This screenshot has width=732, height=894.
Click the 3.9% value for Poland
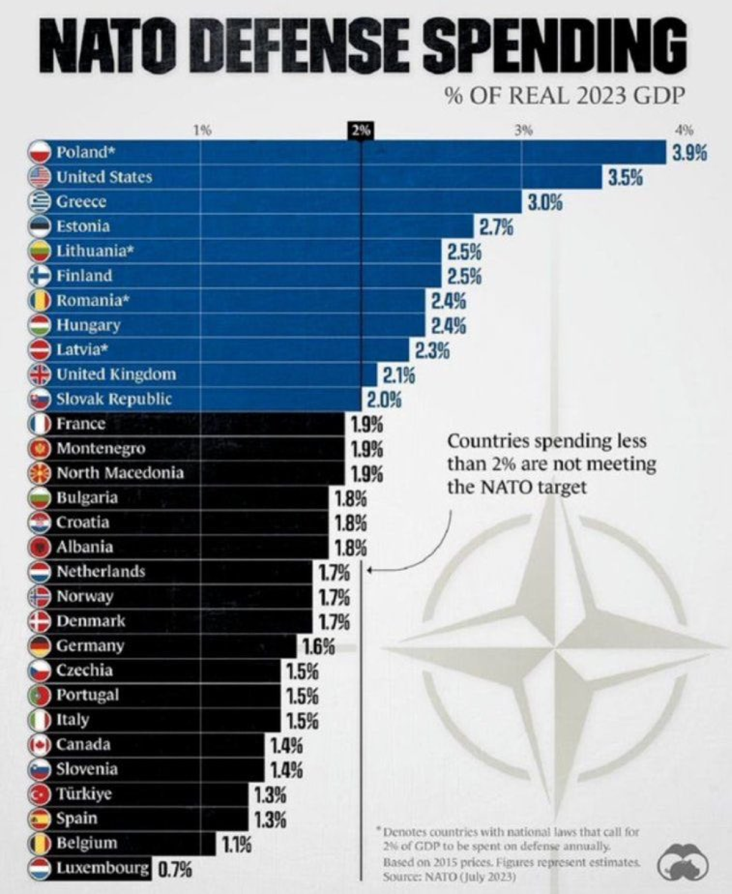[690, 153]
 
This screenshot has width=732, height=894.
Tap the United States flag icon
[39, 177]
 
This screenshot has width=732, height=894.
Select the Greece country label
[81, 202]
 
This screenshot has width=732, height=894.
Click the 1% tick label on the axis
[202, 130]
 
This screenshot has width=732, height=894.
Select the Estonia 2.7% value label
[495, 227]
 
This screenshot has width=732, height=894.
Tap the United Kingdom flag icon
[39, 375]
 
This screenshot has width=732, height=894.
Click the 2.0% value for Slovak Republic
[383, 399]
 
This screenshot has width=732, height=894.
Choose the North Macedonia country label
[120, 473]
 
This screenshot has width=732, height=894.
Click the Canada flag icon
[39, 744]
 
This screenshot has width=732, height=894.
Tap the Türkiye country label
[84, 793]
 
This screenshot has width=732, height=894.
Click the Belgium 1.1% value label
[237, 844]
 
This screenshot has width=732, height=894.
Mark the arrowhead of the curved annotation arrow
[370, 571]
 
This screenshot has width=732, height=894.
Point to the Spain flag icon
[39, 818]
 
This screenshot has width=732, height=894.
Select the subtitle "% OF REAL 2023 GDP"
[563, 96]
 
